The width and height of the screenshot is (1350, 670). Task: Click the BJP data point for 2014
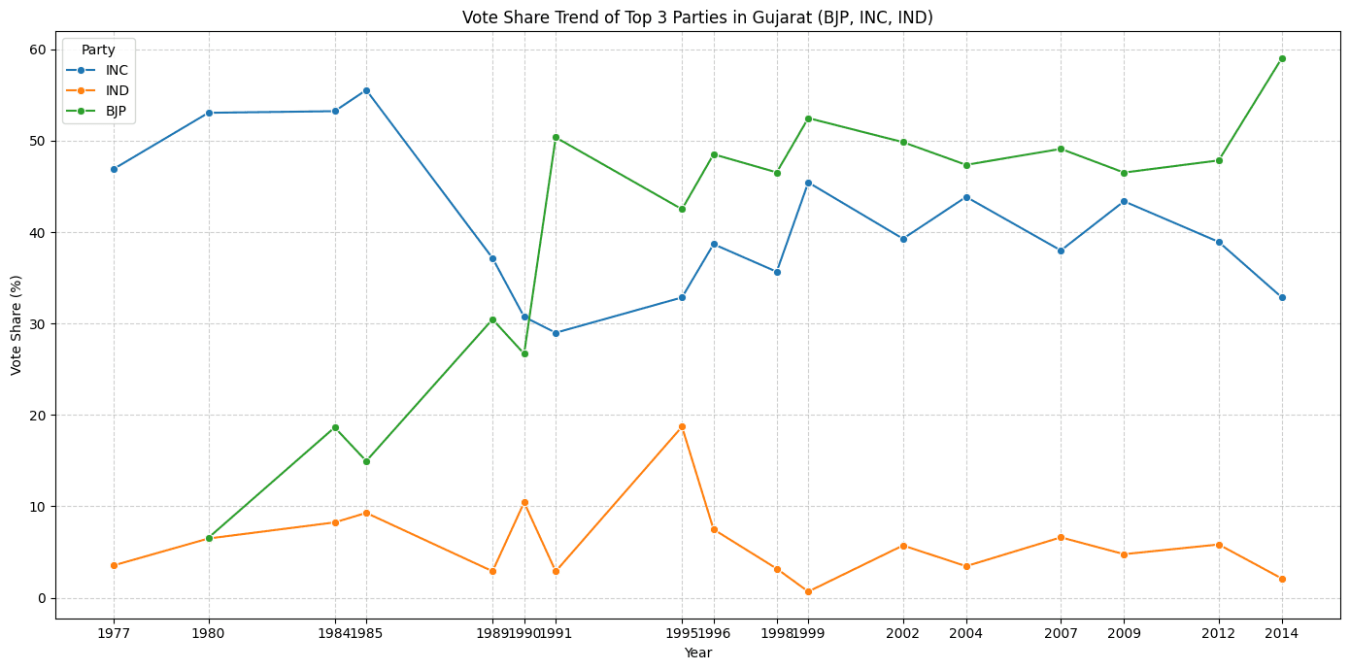[1282, 58]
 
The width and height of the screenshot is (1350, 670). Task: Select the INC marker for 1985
[366, 90]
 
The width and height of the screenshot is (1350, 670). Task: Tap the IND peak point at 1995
[682, 426]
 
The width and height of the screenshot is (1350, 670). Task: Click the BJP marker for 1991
[556, 137]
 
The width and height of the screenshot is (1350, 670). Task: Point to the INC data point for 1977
[114, 169]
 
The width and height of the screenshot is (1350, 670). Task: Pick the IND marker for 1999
[808, 591]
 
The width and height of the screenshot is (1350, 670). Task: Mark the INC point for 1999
[808, 183]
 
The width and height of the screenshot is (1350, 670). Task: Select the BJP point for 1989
[492, 319]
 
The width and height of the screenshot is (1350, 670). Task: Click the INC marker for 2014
[1282, 297]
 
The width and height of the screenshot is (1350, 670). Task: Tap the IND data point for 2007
[1061, 537]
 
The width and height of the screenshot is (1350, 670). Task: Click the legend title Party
[98, 50]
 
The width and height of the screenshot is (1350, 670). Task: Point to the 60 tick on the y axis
[37, 50]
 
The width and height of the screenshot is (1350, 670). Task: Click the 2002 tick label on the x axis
[903, 633]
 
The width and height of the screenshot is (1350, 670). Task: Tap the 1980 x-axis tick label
[209, 633]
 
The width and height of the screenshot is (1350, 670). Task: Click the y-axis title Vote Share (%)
[17, 324]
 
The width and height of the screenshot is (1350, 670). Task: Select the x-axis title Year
[697, 653]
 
